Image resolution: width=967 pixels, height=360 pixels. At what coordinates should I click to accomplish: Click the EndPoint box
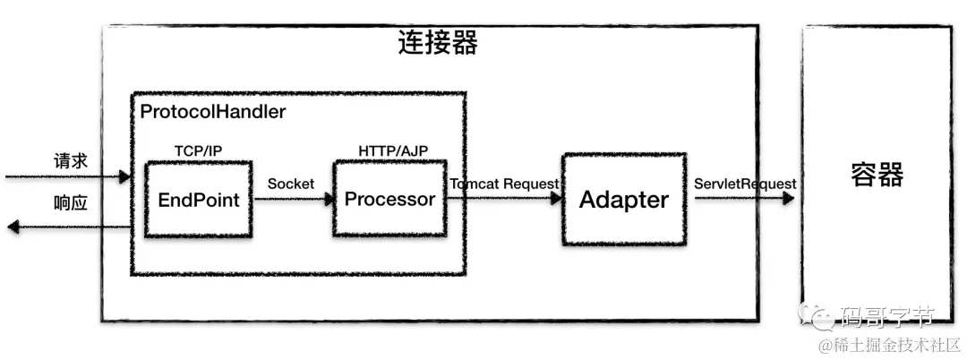pyautogui.click(x=199, y=199)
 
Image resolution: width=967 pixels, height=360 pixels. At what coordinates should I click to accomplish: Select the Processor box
pyautogui.click(x=389, y=199)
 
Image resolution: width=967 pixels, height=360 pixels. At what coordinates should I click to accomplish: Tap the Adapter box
pyautogui.click(x=624, y=199)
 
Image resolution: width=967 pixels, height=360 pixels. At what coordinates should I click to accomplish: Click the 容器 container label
pyautogui.click(x=877, y=175)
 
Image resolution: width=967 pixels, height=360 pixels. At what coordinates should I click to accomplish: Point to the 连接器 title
pyautogui.click(x=437, y=43)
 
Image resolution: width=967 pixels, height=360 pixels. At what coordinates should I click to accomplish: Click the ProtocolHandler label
pyautogui.click(x=213, y=112)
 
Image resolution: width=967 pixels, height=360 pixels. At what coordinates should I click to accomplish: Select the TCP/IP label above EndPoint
pyautogui.click(x=198, y=150)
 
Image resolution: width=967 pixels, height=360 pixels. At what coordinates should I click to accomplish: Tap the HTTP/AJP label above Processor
pyautogui.click(x=389, y=150)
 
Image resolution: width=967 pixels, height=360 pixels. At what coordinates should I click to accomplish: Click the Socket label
pyautogui.click(x=291, y=184)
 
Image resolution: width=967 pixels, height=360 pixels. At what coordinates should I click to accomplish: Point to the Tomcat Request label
pyautogui.click(x=505, y=184)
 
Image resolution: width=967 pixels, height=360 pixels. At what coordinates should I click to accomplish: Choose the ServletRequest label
pyautogui.click(x=745, y=184)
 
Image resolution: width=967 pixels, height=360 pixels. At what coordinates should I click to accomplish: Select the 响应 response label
pyautogui.click(x=71, y=203)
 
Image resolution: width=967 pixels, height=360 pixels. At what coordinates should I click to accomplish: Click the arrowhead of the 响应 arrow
pyautogui.click(x=13, y=227)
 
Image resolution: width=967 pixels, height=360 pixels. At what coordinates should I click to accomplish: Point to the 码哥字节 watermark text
pyautogui.click(x=886, y=315)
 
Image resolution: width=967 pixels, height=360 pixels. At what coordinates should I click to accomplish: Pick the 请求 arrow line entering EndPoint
pyautogui.click(x=72, y=177)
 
